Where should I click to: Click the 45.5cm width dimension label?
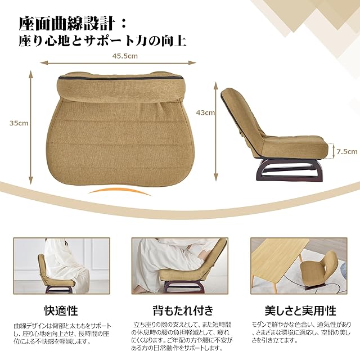pos(125,56)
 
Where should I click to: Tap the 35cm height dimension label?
pos(19,123)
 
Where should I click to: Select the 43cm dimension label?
pos(205,112)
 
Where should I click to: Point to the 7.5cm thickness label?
pos(347,151)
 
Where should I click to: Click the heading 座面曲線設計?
pos(66,24)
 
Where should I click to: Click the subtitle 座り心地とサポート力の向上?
pos(102,42)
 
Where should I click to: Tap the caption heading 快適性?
pos(61,310)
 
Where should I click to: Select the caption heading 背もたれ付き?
pos(183,310)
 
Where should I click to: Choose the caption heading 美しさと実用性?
pos(300,310)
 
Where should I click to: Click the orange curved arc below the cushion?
pos(119,190)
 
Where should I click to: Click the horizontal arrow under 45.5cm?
pos(120,62)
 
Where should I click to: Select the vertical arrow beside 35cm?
pos(31,128)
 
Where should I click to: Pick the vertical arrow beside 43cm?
pos(215,131)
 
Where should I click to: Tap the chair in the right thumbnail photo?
pos(319,271)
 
